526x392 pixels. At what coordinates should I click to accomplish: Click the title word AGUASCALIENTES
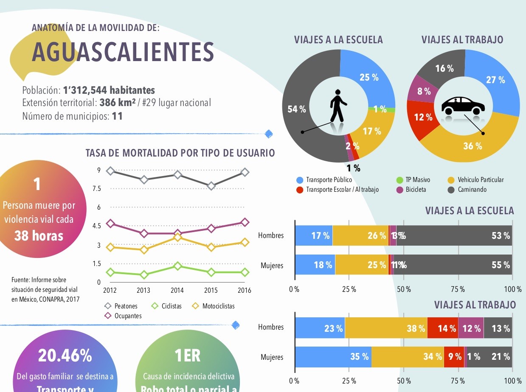pos(123,52)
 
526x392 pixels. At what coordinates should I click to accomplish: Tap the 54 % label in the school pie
pos(296,109)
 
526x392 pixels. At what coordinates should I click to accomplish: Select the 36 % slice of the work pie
pos(473,146)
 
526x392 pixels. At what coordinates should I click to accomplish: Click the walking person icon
pos(338,106)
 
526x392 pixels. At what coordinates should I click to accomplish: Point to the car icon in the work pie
pos(463,106)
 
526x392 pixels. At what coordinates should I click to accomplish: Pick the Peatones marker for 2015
pos(211,186)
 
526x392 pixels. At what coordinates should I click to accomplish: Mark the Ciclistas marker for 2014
pos(177,266)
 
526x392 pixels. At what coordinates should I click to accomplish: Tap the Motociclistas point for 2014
pos(177,237)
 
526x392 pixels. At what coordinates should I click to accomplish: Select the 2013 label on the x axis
pos(143,291)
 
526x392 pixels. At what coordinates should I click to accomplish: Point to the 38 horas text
pos(39,236)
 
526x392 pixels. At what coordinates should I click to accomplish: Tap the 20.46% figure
pos(65,356)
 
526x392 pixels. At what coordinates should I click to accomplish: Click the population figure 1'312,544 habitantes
pos(109,90)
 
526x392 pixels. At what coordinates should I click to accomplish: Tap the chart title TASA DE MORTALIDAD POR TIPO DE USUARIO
pos(180,153)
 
